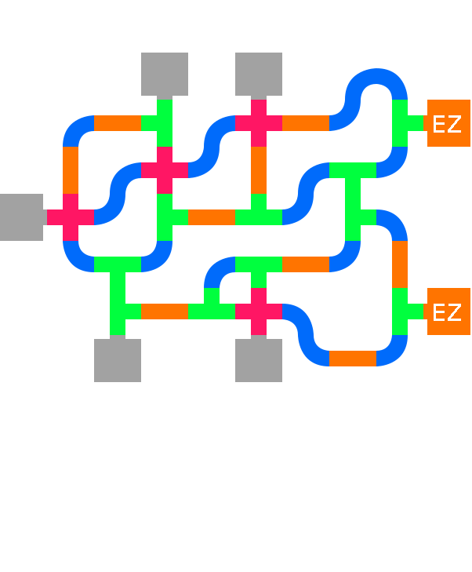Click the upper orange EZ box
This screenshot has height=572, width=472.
tap(448, 123)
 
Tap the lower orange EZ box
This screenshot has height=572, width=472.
tap(448, 312)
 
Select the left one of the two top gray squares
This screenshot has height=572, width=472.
tap(165, 75)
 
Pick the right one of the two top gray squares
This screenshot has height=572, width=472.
tap(259, 75)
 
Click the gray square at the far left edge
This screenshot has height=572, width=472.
tap(21, 217)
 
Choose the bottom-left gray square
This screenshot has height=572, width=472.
tap(118, 360)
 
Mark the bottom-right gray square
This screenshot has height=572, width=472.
tap(259, 360)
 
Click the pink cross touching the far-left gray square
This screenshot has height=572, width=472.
tap(71, 217)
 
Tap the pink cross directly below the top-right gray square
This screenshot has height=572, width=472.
tap(259, 123)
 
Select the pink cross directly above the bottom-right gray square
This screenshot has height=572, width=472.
tap(259, 312)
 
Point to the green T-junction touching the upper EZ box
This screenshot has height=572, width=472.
tap(401, 123)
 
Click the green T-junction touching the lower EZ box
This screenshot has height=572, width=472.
tap(401, 312)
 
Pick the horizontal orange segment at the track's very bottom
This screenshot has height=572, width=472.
tap(353, 359)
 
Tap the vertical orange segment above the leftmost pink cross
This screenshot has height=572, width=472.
tap(71, 170)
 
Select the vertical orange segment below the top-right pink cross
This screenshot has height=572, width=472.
tap(259, 170)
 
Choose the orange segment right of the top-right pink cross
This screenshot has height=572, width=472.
tap(306, 123)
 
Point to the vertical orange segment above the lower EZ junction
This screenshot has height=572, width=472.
tap(400, 264)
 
